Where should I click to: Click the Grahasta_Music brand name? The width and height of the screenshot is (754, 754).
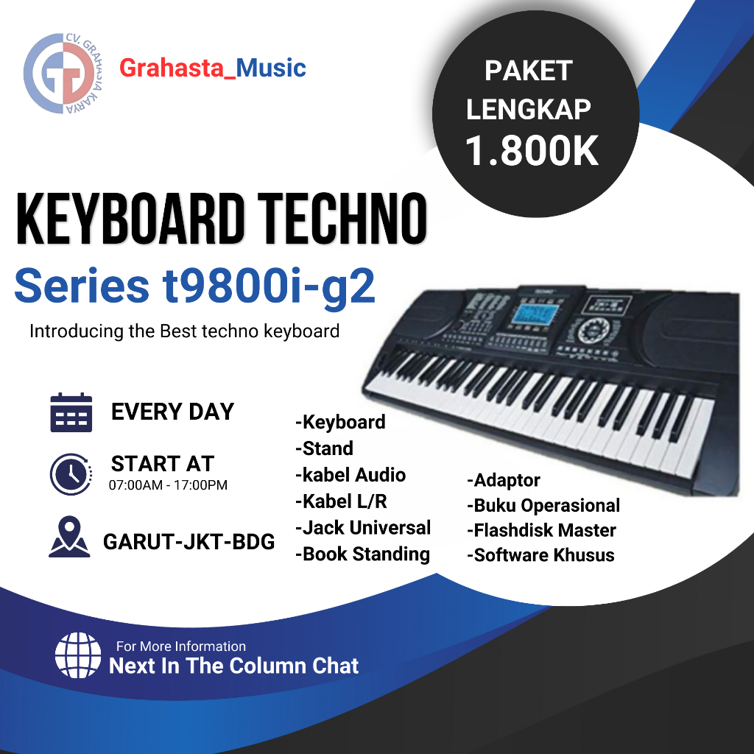tap(212, 68)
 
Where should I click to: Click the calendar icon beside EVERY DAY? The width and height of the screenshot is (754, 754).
tap(71, 412)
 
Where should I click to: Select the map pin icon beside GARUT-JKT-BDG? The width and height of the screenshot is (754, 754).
tap(69, 538)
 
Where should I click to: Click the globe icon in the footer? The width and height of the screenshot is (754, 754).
tap(77, 655)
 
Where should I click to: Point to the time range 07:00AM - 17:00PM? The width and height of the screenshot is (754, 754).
tap(168, 485)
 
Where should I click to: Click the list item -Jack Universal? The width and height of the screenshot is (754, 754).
tap(362, 528)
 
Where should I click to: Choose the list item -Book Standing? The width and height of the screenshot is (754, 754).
tap(362, 554)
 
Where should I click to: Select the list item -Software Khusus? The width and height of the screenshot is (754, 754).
tap(540, 555)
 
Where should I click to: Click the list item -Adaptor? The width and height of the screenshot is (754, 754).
tap(504, 481)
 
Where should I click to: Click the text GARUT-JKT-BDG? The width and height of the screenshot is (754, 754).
tap(189, 543)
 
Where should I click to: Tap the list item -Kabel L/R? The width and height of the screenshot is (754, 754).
tap(341, 502)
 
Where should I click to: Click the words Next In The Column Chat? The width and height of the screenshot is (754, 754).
tap(234, 666)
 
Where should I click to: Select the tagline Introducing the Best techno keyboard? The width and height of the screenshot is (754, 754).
tap(184, 331)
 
